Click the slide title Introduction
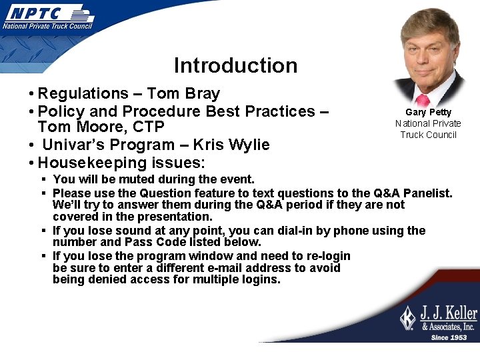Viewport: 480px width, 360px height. click(x=235, y=65)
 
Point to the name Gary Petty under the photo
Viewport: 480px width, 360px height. click(x=428, y=112)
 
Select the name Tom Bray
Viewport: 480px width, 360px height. click(x=183, y=93)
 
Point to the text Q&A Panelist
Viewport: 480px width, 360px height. click(x=413, y=193)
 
